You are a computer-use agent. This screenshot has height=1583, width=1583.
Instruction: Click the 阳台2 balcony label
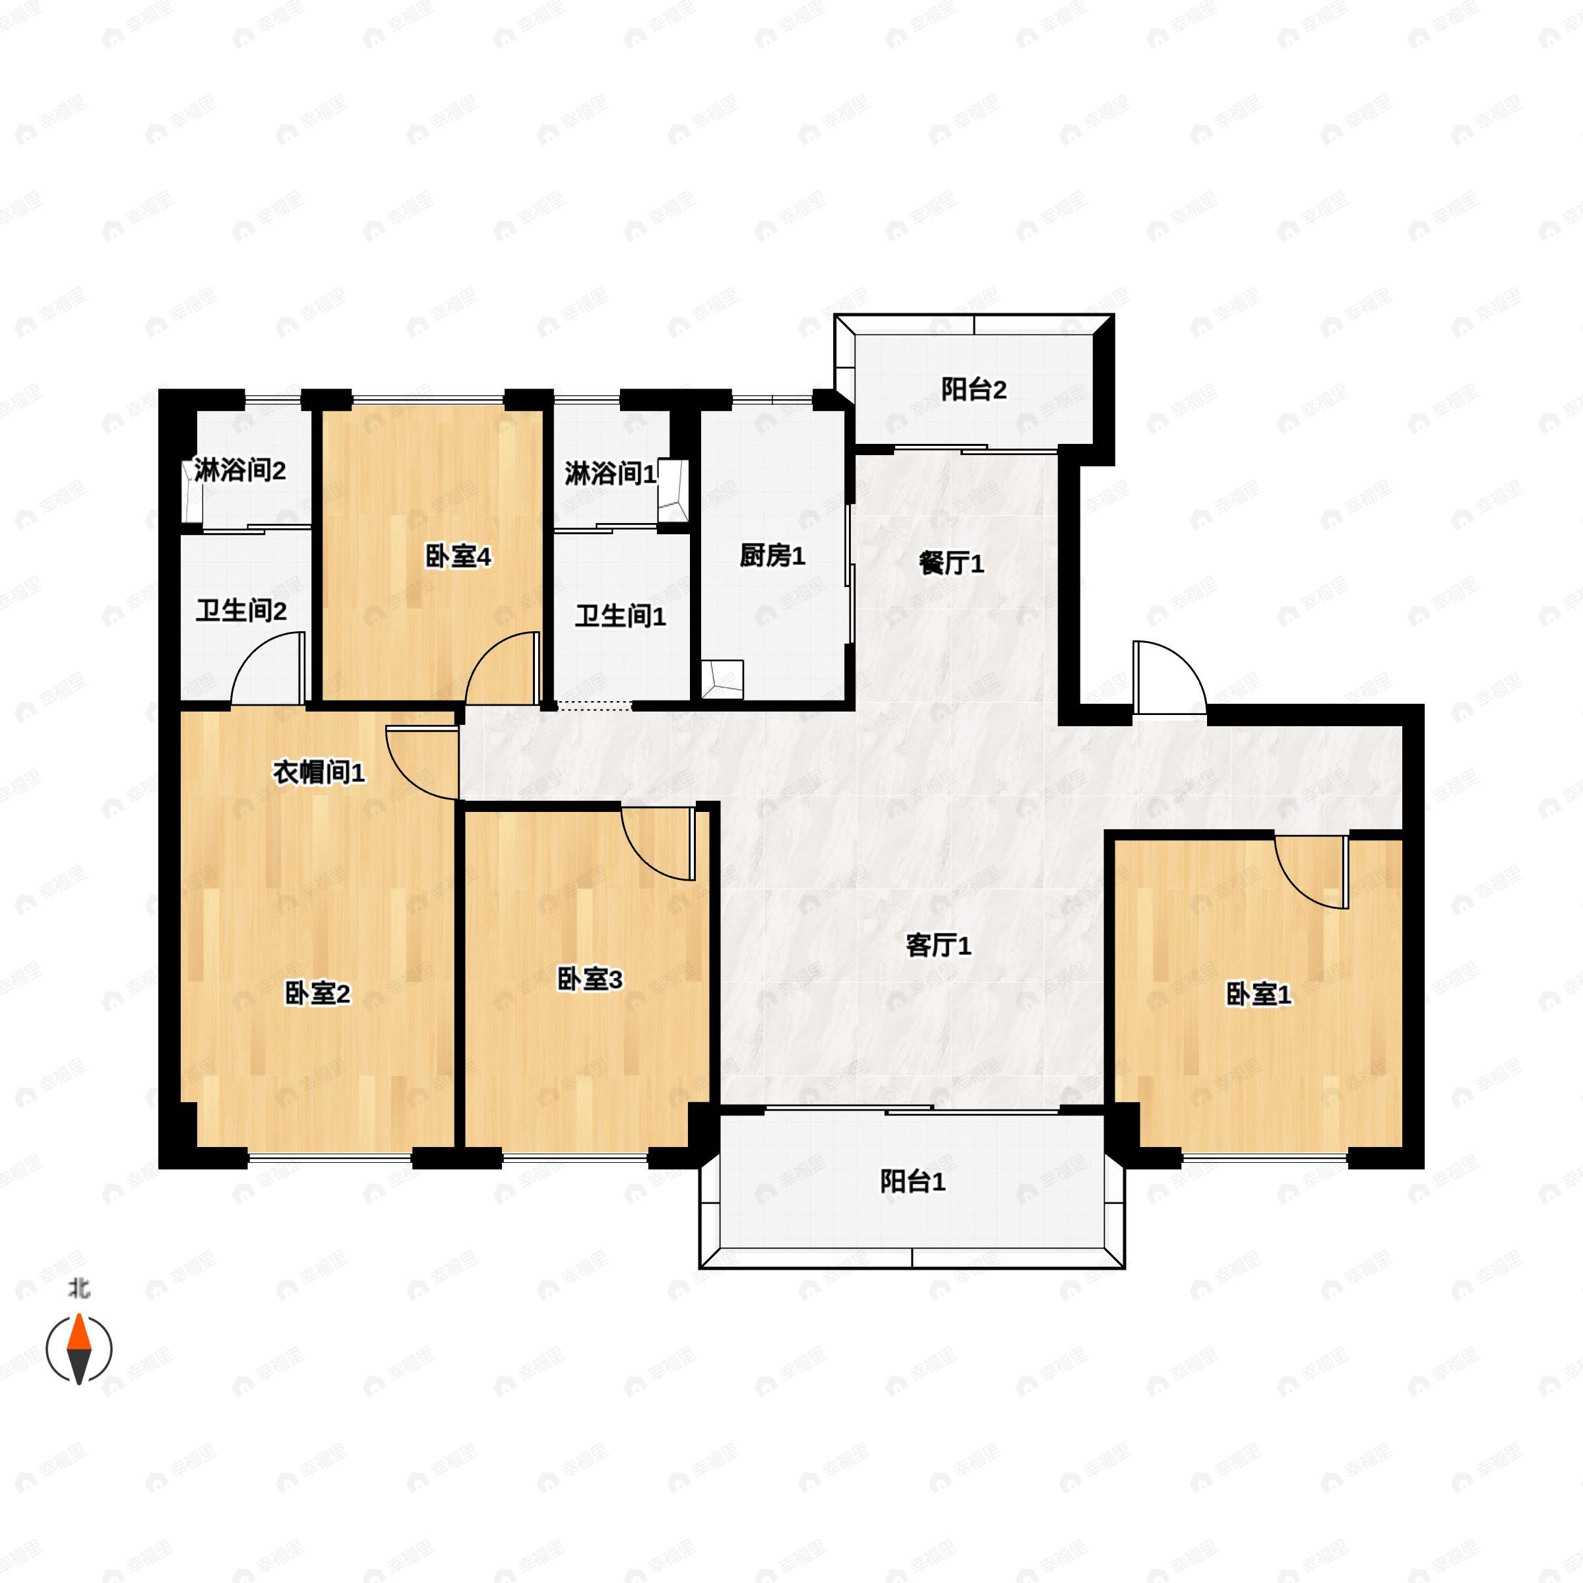(x=974, y=390)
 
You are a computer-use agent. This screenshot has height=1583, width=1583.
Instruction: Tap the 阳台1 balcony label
(x=913, y=1181)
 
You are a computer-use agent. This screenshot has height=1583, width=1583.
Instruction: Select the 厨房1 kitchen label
(x=772, y=556)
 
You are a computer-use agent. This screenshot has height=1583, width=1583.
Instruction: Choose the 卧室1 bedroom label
(x=1258, y=995)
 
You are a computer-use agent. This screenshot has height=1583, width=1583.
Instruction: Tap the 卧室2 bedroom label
(x=317, y=994)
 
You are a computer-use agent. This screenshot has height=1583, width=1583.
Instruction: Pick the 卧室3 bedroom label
(x=589, y=979)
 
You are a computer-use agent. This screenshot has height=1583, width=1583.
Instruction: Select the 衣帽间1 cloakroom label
(x=319, y=772)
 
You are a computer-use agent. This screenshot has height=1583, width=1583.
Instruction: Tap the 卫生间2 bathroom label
(x=241, y=611)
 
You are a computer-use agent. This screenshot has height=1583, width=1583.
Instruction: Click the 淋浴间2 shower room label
(x=240, y=471)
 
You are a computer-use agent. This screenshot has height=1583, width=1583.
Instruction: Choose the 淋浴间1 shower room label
(x=610, y=474)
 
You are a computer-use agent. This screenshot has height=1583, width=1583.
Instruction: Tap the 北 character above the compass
(x=78, y=1289)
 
